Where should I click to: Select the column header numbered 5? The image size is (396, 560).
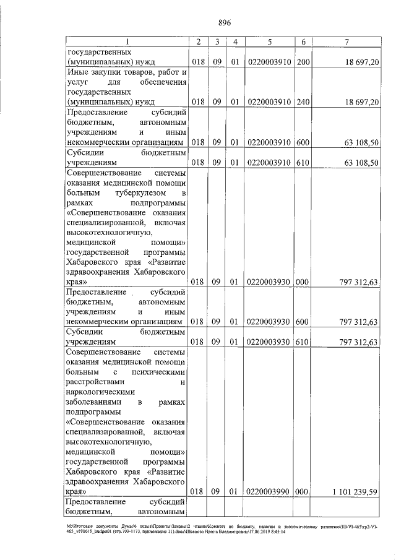click(x=270, y=41)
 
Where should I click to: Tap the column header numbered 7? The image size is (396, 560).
click(x=347, y=41)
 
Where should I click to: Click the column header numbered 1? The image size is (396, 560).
click(x=127, y=41)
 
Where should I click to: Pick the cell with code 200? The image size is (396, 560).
click(x=303, y=62)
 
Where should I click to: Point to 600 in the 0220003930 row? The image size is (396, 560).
click(x=303, y=322)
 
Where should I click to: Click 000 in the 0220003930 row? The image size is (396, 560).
click(x=303, y=282)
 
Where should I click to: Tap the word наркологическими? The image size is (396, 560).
click(x=103, y=392)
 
